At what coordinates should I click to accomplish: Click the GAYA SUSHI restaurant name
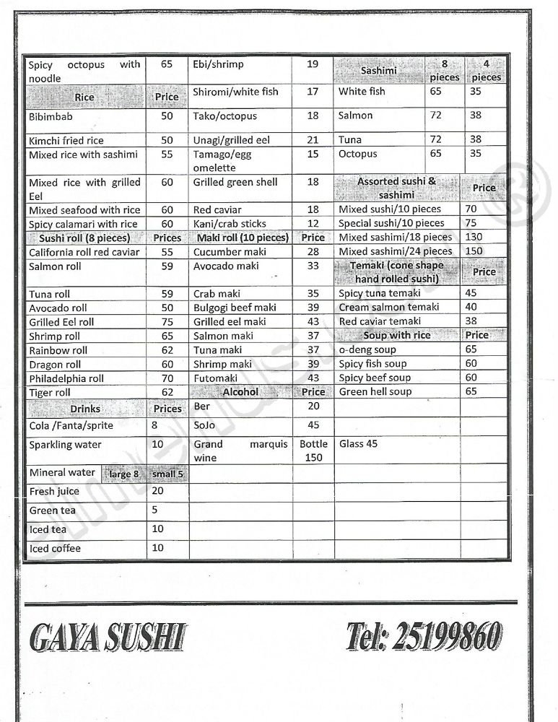tap(108, 638)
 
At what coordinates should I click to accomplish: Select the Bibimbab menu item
tap(51, 116)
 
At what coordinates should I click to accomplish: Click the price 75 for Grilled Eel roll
tap(167, 322)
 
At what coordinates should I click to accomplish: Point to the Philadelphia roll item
tap(66, 378)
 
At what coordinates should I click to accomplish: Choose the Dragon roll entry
tap(55, 365)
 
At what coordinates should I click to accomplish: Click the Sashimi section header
tap(378, 71)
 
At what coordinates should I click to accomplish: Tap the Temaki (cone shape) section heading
tap(397, 271)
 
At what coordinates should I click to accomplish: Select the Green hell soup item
tap(375, 391)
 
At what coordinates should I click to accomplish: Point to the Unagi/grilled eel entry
tap(231, 140)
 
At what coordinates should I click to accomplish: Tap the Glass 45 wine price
tap(358, 444)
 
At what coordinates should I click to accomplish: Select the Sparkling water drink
tap(65, 445)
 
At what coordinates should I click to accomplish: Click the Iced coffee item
tap(55, 549)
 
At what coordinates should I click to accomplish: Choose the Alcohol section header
tap(240, 392)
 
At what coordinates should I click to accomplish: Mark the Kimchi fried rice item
tap(66, 141)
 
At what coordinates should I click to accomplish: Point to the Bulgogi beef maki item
tap(235, 308)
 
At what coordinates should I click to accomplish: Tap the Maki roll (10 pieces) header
tap(243, 238)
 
